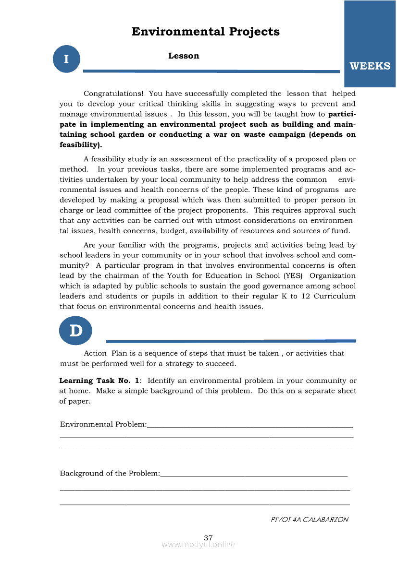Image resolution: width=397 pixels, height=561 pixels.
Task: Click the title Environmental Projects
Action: pos(205,32)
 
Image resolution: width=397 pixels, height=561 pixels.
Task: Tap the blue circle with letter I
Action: pos(66,59)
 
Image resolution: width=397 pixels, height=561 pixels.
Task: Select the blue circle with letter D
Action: pos(75,331)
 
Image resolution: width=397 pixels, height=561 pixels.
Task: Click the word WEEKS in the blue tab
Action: pos(370,66)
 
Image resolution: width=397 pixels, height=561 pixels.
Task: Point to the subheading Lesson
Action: pos(184,56)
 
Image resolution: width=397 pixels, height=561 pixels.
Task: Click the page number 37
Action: pos(208,537)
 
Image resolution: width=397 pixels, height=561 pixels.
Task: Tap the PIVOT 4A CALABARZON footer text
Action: pos(310,519)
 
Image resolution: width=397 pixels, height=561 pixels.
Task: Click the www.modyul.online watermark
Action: pos(198,545)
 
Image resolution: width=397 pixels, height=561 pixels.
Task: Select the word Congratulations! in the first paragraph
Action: pos(113,94)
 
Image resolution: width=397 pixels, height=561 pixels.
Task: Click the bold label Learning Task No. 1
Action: pos(99,381)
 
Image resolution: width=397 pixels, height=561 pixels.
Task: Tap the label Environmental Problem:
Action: pos(103,424)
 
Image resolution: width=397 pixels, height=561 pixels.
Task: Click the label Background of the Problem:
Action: pos(110,474)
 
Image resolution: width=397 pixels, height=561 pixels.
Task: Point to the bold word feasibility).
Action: pos(81,144)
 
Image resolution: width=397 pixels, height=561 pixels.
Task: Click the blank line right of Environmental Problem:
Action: pos(250,426)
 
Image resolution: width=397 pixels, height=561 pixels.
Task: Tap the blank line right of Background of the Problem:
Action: pos(254,476)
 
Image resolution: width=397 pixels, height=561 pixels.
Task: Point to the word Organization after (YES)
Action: pos(333,275)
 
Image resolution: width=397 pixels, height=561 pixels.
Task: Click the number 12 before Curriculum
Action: pos(305,296)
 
